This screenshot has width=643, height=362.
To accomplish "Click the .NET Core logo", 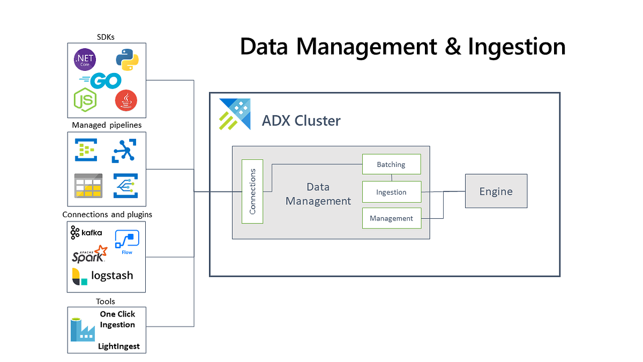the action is (85, 60).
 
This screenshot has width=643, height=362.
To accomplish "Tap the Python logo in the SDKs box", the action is (128, 60).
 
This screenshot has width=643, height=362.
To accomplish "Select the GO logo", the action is (101, 81).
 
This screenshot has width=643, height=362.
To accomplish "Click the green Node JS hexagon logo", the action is (85, 100).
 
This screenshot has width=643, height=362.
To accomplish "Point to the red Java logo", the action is (126, 100).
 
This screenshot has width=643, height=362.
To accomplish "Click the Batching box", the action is (392, 164).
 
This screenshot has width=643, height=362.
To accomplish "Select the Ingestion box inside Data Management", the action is (392, 192).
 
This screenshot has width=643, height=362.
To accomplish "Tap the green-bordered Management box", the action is (392, 218).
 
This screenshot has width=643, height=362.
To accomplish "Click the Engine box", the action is (496, 191).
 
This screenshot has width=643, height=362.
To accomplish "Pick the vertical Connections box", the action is (252, 191).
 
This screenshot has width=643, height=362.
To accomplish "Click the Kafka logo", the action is (86, 232).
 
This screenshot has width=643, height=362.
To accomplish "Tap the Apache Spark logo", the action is (89, 254).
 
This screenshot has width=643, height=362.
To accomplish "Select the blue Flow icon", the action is (127, 242).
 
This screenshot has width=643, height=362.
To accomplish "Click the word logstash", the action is (112, 276).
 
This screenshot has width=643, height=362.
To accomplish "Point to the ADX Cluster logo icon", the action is (235, 114).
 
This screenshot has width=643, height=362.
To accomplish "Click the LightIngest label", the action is (119, 346).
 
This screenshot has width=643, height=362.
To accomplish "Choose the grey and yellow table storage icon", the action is (88, 186).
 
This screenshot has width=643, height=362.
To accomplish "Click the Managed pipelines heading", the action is (107, 125).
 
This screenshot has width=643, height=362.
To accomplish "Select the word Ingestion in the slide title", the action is (517, 47).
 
